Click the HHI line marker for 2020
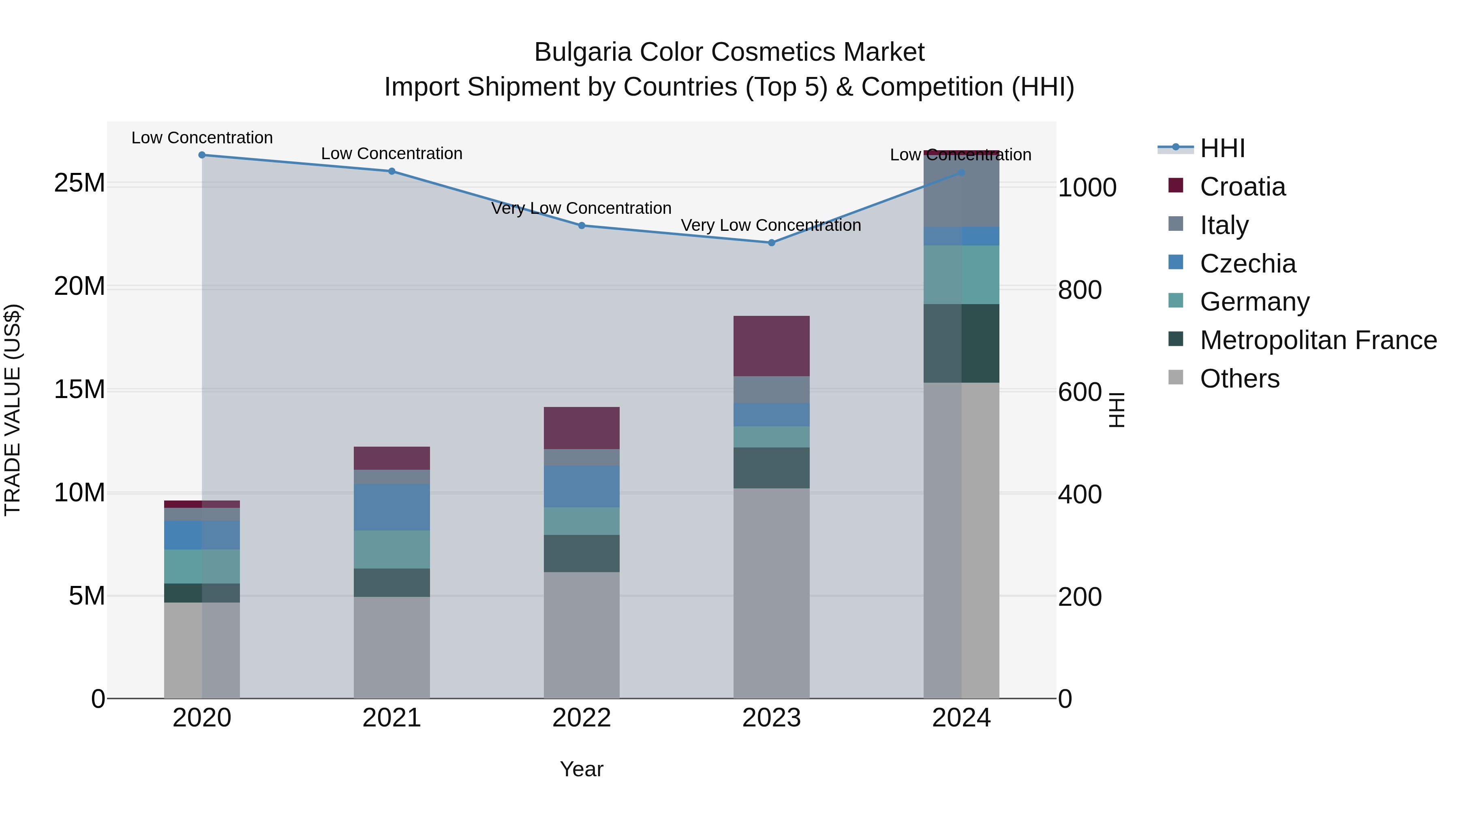click(202, 155)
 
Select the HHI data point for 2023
click(771, 243)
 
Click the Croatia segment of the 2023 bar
click(771, 346)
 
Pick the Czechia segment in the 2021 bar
click(392, 507)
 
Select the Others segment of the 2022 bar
click(582, 635)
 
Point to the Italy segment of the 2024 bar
click(961, 191)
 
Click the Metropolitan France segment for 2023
click(771, 468)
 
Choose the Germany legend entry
click(1254, 302)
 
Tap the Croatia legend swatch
click(1176, 185)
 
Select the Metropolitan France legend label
click(1318, 340)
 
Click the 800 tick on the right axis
click(1080, 290)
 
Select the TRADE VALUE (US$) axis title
click(13, 410)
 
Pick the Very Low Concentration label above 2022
click(581, 208)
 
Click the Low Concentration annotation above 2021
click(392, 153)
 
